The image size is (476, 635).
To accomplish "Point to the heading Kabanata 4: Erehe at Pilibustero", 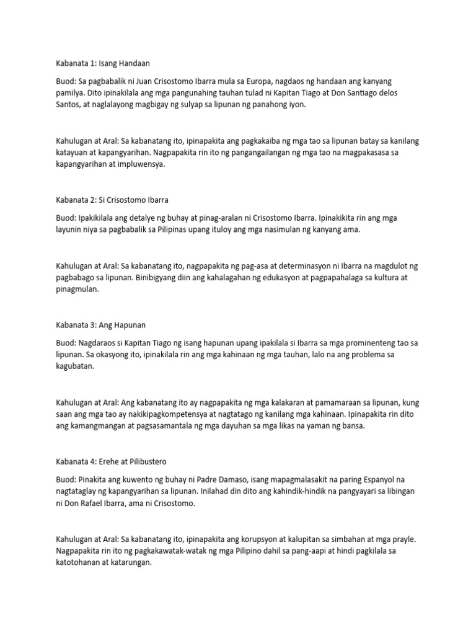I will pyautogui.click(x=112, y=461).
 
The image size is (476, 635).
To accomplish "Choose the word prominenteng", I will pyautogui.click(x=365, y=342).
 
